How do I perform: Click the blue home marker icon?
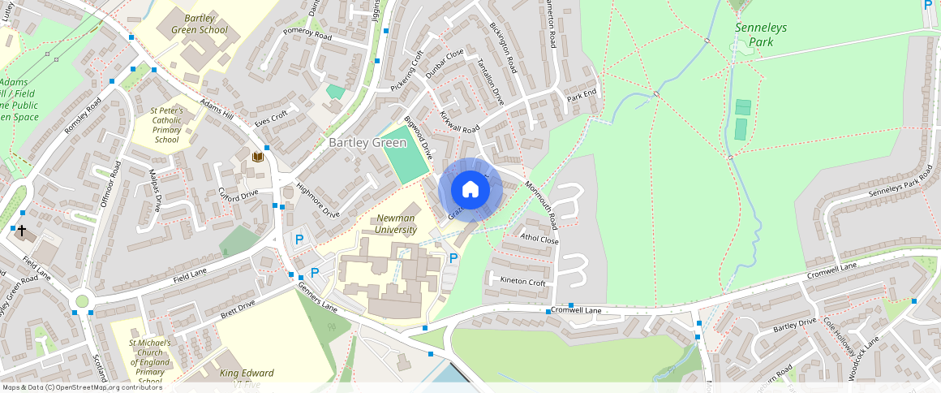[x=470, y=190]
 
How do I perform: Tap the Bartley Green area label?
[x=367, y=143]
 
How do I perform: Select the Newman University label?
[x=397, y=224]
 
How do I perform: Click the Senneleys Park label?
[x=760, y=33]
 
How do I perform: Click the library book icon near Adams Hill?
[x=258, y=157]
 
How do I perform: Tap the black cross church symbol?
[x=22, y=231]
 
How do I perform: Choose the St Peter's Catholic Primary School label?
[x=166, y=125]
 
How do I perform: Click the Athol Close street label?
[x=539, y=240]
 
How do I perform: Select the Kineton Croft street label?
[x=523, y=281]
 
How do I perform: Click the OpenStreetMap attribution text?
[x=81, y=387]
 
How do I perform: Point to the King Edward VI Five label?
[x=247, y=378]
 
